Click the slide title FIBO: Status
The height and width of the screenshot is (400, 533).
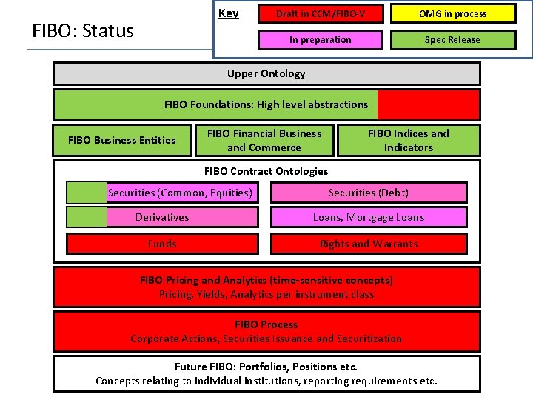(83, 31)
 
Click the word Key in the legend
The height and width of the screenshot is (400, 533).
(228, 13)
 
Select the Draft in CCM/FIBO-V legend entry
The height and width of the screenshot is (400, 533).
(320, 14)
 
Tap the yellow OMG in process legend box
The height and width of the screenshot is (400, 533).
(452, 14)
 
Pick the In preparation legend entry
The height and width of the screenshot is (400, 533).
(320, 40)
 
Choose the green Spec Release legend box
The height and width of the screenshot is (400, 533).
(452, 40)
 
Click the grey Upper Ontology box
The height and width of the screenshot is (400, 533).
(266, 73)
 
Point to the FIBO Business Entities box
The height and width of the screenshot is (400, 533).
(121, 140)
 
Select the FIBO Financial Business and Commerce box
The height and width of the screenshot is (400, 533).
(264, 140)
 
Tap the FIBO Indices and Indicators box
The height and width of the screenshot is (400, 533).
(408, 140)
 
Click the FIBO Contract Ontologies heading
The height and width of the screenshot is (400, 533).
(266, 171)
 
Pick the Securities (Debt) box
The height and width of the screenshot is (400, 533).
(369, 193)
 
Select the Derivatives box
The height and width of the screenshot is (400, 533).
(162, 217)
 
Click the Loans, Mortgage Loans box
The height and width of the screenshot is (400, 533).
(369, 217)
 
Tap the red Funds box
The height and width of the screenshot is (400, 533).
(162, 244)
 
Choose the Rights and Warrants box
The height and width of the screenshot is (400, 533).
(369, 244)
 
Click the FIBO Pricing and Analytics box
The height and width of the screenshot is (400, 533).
(266, 287)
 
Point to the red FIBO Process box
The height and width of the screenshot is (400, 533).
(266, 331)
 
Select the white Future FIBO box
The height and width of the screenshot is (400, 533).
(266, 373)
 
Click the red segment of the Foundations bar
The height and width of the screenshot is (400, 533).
(428, 104)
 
